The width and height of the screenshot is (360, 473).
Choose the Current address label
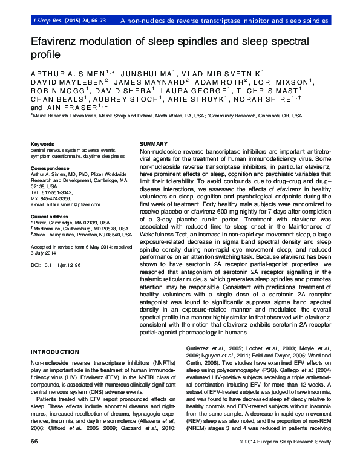pos(48,216)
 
